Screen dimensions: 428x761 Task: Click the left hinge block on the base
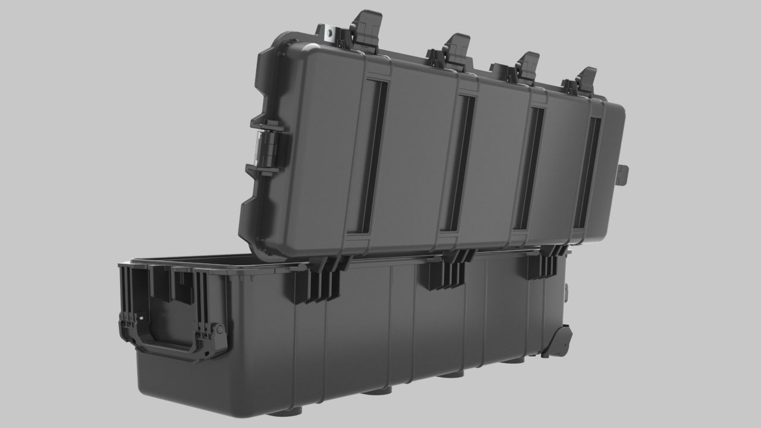coord(320,281)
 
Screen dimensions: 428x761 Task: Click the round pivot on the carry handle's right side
coord(219,329)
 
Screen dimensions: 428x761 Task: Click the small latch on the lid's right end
coord(622,175)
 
